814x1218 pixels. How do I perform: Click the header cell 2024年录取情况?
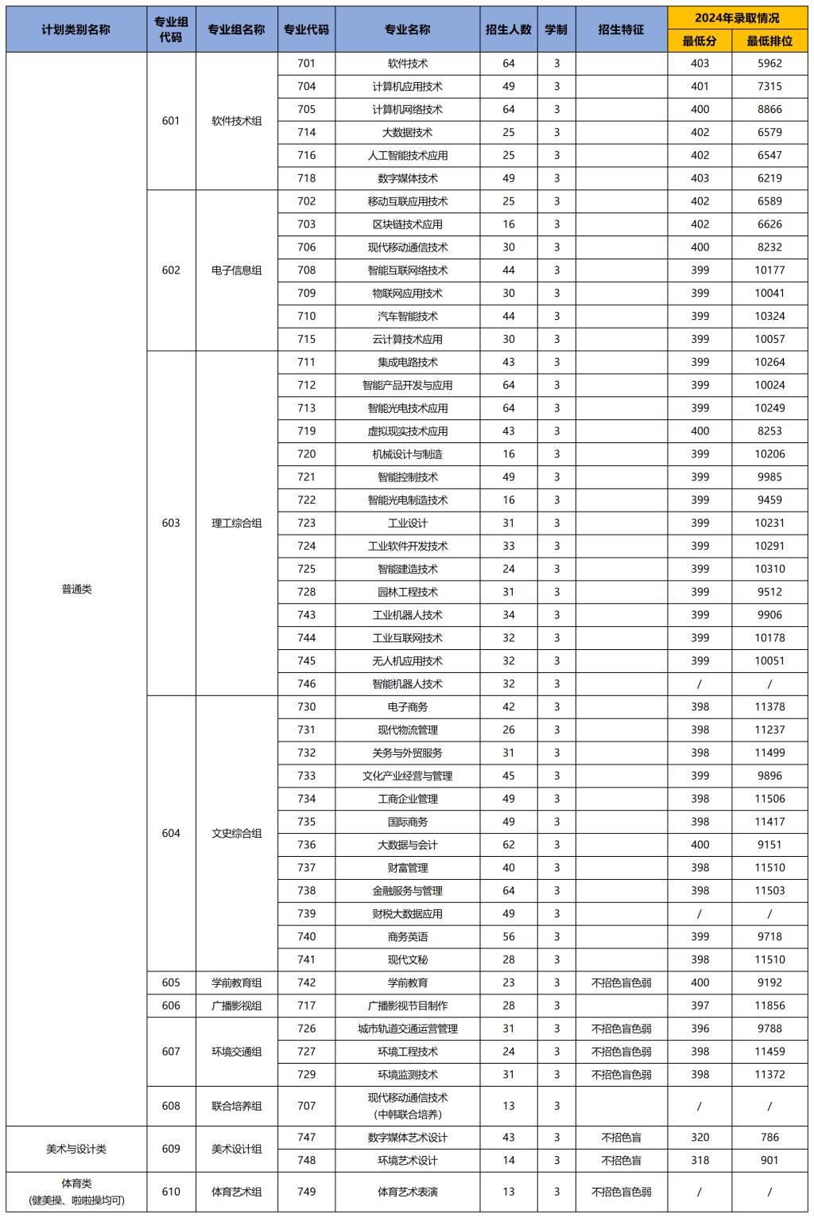tap(737, 18)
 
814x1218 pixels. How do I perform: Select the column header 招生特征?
tap(621, 29)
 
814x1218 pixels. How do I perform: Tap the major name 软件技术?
tap(407, 64)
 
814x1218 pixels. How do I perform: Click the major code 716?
tap(306, 155)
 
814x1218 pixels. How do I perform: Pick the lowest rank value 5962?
tap(769, 64)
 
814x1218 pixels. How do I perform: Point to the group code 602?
tap(171, 270)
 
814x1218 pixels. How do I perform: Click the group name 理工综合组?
tap(236, 523)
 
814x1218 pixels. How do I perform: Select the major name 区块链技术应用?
tap(407, 224)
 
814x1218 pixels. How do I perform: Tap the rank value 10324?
tap(769, 316)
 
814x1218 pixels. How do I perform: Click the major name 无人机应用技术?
tap(407, 661)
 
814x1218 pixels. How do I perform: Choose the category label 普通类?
tap(76, 590)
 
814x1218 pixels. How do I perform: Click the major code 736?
tap(306, 845)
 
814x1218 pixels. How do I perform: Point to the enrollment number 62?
tap(509, 845)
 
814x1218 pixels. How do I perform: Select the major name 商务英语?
tap(407, 937)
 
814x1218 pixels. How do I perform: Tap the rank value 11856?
tap(769, 1006)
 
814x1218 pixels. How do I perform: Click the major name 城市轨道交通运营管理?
tap(407, 1029)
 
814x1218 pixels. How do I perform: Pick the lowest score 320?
tap(700, 1138)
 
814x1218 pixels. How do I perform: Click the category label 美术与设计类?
tap(76, 1149)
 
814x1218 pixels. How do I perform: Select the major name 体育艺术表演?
tap(407, 1192)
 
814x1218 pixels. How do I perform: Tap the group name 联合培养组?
tap(236, 1106)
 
